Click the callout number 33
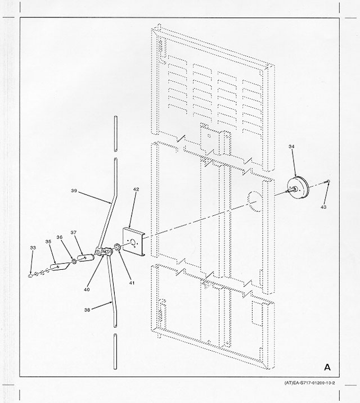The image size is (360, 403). [33, 248]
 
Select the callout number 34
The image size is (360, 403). [291, 147]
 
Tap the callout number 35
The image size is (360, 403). [48, 242]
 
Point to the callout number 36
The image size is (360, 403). [60, 237]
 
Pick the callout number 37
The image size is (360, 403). [74, 232]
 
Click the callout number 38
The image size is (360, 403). [87, 310]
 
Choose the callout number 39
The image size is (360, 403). [74, 191]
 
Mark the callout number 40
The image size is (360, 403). [87, 289]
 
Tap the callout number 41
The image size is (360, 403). [132, 283]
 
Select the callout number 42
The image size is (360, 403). [136, 189]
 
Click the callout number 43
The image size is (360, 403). [323, 207]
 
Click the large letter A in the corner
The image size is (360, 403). [327, 367]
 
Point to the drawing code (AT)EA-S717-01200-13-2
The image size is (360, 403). [309, 383]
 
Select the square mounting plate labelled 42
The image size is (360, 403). [134, 241]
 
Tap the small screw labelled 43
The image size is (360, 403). [327, 182]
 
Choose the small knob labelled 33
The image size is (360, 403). [30, 276]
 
